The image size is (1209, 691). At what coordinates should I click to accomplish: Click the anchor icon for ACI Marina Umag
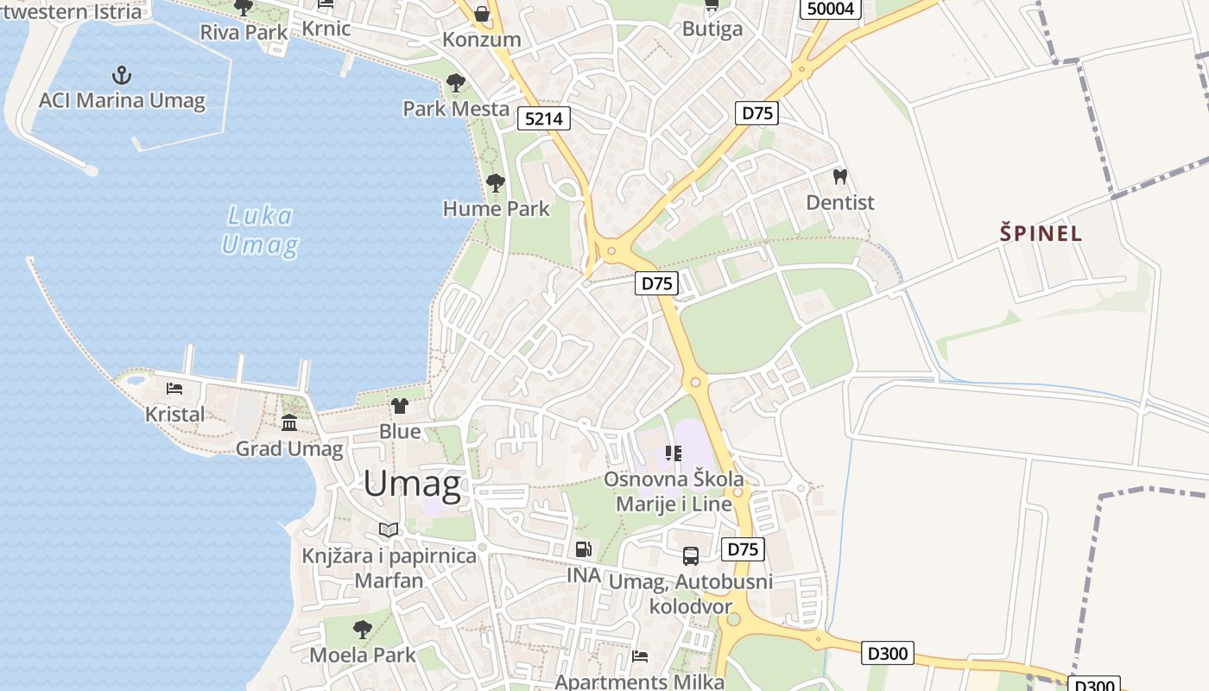(x=122, y=75)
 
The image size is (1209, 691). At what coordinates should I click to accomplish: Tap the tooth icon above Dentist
(x=839, y=177)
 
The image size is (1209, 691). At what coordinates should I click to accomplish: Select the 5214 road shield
(x=545, y=118)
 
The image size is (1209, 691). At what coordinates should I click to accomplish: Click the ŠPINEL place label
(x=1041, y=233)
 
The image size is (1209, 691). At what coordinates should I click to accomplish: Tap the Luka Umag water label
(x=260, y=231)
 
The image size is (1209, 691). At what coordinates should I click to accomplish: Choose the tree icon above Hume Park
(x=496, y=183)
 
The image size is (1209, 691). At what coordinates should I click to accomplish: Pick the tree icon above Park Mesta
(x=456, y=84)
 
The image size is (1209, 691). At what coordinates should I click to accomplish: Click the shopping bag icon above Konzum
(x=482, y=14)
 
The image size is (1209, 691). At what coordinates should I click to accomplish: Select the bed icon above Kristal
(x=174, y=389)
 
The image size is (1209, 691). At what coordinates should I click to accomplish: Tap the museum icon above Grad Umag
(x=289, y=423)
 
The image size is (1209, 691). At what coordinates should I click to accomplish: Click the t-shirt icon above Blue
(x=400, y=405)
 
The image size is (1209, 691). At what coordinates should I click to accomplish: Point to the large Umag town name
(x=412, y=483)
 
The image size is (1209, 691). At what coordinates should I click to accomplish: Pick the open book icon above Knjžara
(x=389, y=529)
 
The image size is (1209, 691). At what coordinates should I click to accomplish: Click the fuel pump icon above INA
(x=584, y=549)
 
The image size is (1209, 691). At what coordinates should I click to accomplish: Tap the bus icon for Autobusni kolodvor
(x=691, y=555)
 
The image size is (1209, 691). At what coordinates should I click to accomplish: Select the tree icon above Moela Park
(x=363, y=629)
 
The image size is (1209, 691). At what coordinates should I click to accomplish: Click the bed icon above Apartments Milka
(x=640, y=656)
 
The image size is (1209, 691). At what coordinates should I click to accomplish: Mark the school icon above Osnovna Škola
(x=674, y=453)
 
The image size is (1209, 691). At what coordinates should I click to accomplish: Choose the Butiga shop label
(x=712, y=29)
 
